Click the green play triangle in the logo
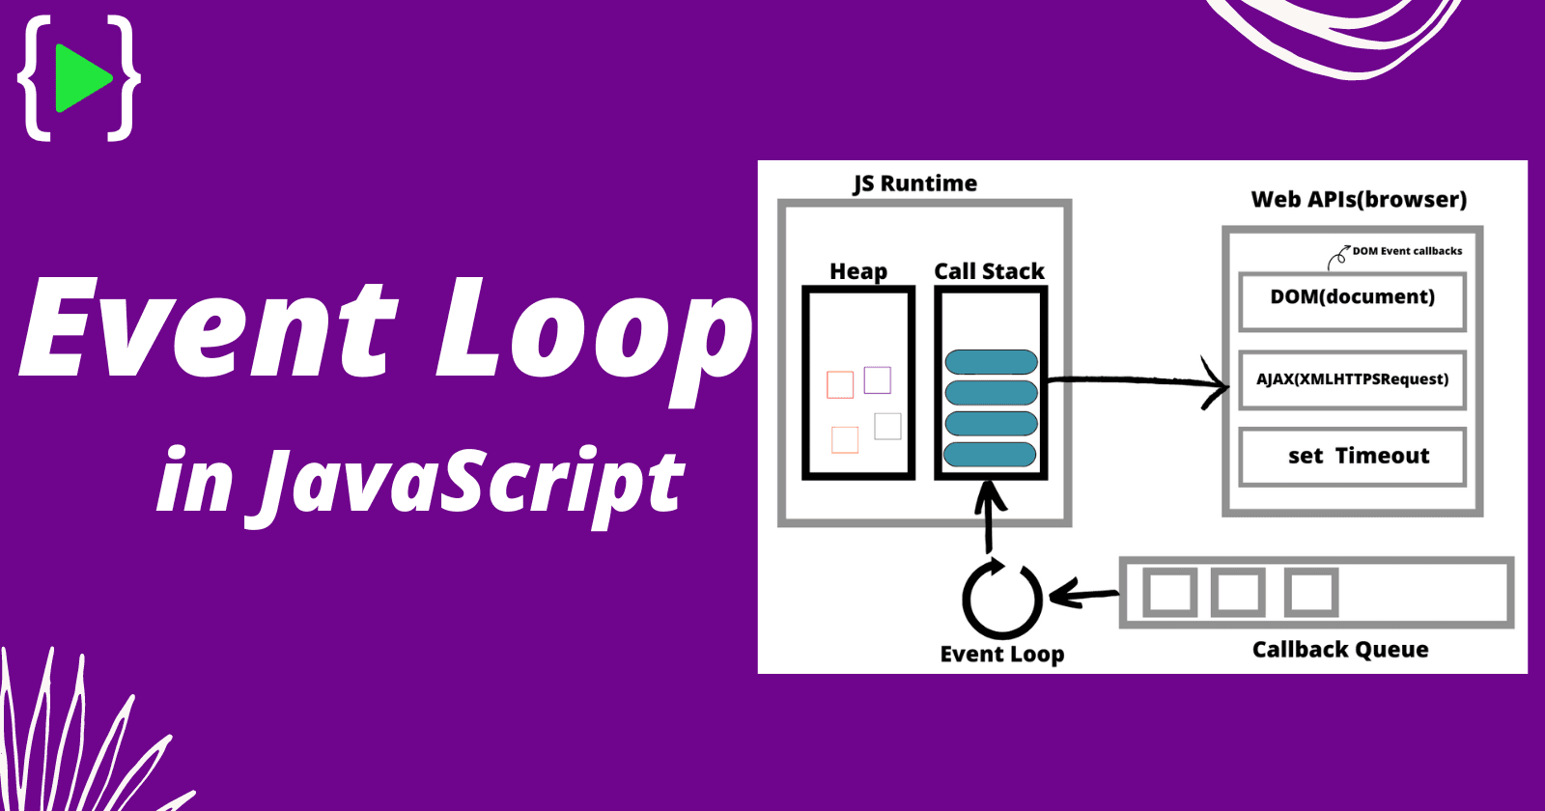point(81,77)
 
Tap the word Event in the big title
point(208,328)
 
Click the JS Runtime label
point(914,183)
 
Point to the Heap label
point(858,271)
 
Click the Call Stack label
point(989,271)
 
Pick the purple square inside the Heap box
point(877,379)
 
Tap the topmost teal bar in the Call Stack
point(991,362)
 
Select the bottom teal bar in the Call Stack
point(990,454)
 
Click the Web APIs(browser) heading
point(1359,200)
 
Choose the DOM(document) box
point(1352,300)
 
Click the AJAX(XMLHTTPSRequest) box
point(1352,379)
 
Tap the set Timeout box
point(1352,456)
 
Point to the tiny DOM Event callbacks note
point(1406,251)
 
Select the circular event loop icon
point(1002,599)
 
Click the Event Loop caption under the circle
point(1002,654)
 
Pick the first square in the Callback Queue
point(1169,592)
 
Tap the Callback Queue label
point(1340,650)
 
